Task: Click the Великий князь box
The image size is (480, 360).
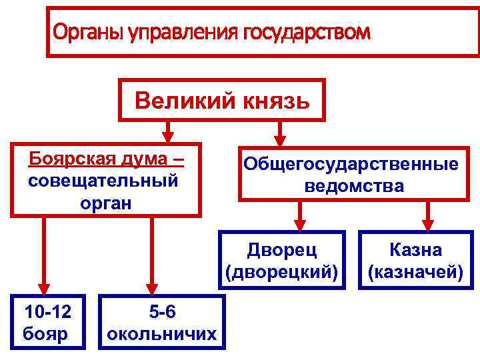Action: pos(222,101)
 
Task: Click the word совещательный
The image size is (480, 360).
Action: pos(104,181)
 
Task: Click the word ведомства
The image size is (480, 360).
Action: pos(354,186)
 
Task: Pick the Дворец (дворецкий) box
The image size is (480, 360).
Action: pos(282,260)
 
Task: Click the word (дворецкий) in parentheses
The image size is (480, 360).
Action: pos(282,271)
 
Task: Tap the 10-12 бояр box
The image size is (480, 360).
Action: pos(46,321)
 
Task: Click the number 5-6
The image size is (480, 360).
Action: pos(161,311)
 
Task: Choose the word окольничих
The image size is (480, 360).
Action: pos(161,333)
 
